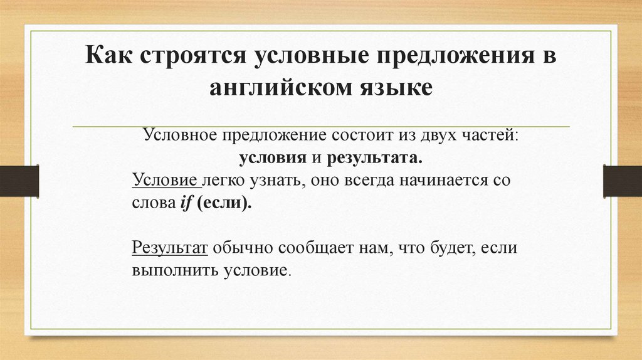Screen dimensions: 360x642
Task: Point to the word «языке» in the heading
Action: (x=393, y=86)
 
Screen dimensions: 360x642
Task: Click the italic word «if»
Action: (x=186, y=204)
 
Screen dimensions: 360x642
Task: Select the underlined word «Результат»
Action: (x=170, y=248)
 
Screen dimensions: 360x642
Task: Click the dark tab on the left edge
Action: (x=19, y=181)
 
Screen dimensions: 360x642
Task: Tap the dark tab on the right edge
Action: (x=622, y=181)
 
